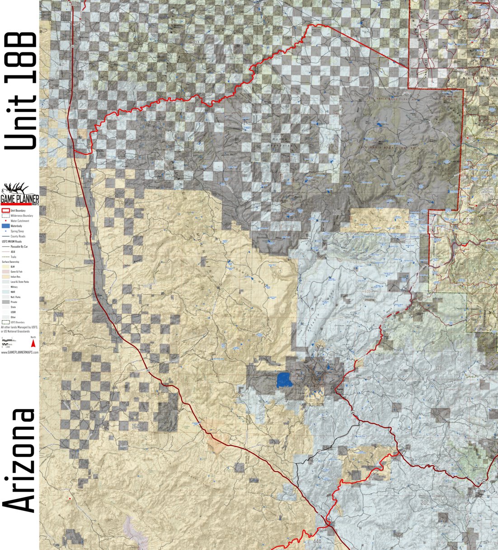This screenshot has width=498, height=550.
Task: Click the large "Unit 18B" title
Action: click(x=20, y=90)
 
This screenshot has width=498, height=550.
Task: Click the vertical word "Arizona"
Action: click(x=20, y=461)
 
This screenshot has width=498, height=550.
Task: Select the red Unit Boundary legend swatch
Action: click(x=5, y=210)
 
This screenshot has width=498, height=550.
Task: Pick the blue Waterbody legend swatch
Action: click(x=5, y=225)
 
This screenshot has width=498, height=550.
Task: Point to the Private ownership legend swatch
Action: click(x=5, y=302)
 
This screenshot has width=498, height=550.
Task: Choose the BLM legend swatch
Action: click(x=5, y=266)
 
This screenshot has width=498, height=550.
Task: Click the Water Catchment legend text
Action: click(x=20, y=221)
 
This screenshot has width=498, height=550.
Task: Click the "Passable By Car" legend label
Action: click(x=19, y=247)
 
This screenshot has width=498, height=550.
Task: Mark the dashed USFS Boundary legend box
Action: click(x=5, y=322)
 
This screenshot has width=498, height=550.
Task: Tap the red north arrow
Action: click(x=33, y=344)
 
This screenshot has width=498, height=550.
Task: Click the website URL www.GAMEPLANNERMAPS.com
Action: click(x=19, y=352)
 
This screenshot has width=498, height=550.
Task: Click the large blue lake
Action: click(x=284, y=380)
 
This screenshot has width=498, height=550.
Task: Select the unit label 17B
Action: click(x=438, y=368)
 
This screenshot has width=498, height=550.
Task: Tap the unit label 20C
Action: click(x=424, y=502)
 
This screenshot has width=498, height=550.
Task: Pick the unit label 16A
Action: click(x=136, y=426)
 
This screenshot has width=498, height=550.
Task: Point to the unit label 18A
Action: click(x=195, y=43)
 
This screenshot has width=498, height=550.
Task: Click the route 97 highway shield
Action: click(x=319, y=451)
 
